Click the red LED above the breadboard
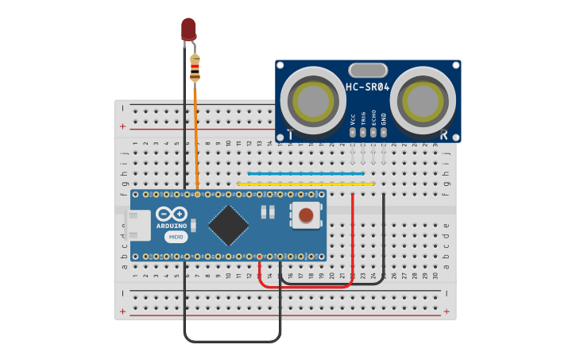[188, 29]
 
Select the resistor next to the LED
[195, 68]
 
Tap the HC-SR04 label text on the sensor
[368, 87]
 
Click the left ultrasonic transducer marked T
[313, 100]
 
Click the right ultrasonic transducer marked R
[423, 100]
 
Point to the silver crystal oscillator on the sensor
[368, 70]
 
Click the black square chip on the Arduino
[229, 225]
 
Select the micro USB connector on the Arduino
[139, 225]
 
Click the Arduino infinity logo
[172, 214]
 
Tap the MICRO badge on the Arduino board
[176, 237]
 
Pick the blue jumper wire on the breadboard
[306, 173]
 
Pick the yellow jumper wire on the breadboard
[306, 184]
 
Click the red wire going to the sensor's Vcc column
[352, 238]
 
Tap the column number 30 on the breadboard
[435, 276]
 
